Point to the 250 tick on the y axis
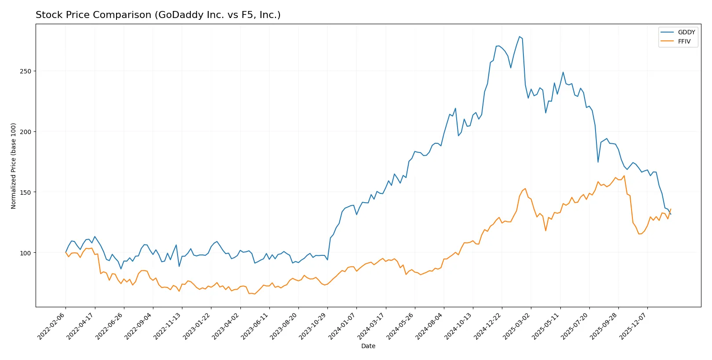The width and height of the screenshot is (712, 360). (25, 71)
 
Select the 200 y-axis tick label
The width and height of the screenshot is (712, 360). (25, 132)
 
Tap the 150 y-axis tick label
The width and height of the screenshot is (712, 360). (25, 193)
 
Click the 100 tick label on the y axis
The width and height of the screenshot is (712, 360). (25, 253)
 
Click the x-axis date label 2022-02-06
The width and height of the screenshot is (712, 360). (52, 326)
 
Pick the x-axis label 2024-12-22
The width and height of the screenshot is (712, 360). (488, 326)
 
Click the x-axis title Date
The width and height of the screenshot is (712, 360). (368, 346)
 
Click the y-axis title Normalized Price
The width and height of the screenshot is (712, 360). (14, 166)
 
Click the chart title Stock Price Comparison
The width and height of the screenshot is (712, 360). (158, 15)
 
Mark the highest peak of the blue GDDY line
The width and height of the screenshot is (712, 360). (519, 36)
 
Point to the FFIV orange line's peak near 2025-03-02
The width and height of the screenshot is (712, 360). (525, 189)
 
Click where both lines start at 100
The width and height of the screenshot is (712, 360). (66, 252)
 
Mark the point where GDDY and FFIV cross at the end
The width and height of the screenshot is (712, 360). (669, 212)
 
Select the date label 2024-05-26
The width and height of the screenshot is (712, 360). (401, 326)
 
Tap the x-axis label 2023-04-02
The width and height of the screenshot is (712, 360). (226, 326)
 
